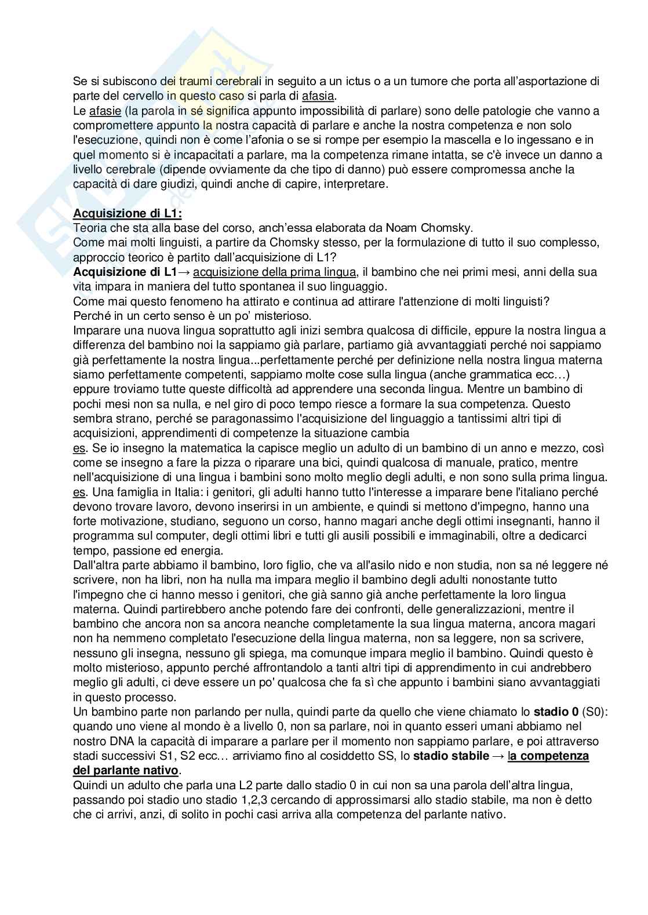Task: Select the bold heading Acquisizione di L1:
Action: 128,213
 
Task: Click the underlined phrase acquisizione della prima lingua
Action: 275,272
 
